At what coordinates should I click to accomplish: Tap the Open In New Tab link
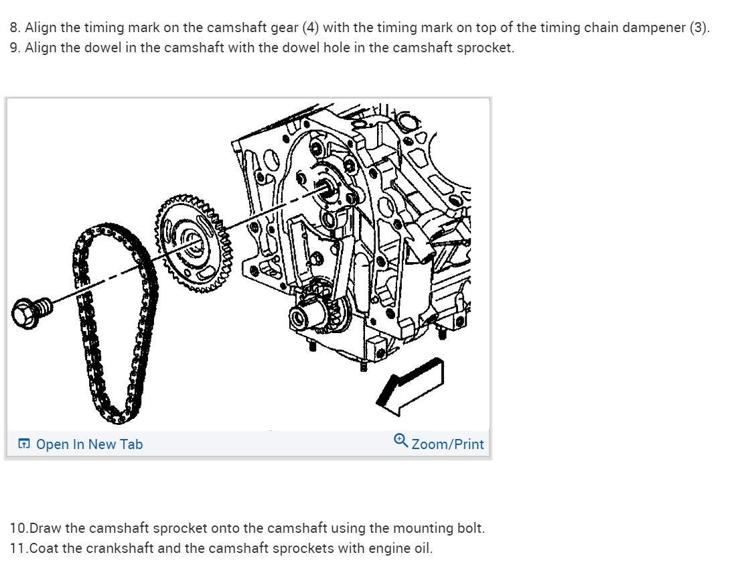(x=89, y=444)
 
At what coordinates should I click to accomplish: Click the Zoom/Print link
(x=447, y=444)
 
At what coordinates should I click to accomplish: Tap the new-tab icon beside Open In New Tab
(x=24, y=444)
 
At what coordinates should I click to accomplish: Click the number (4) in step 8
(x=310, y=28)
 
